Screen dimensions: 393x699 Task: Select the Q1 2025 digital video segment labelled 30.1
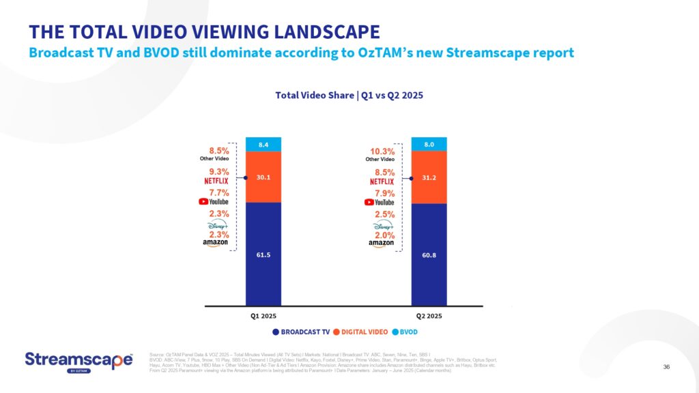pos(263,177)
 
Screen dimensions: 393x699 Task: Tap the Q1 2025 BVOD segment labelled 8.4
pos(263,144)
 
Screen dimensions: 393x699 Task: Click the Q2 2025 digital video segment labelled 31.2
pos(429,177)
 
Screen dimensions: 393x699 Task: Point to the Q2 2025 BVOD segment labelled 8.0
pos(429,144)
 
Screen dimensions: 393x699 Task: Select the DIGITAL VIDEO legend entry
pos(364,332)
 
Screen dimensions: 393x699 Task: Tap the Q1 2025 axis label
pos(263,316)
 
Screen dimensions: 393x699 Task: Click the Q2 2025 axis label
pos(429,316)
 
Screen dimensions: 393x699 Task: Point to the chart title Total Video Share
pos(349,96)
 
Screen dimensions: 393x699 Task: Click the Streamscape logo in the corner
pos(79,361)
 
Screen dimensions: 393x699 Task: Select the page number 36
pos(666,367)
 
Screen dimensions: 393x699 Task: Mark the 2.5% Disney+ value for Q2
pos(382,215)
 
